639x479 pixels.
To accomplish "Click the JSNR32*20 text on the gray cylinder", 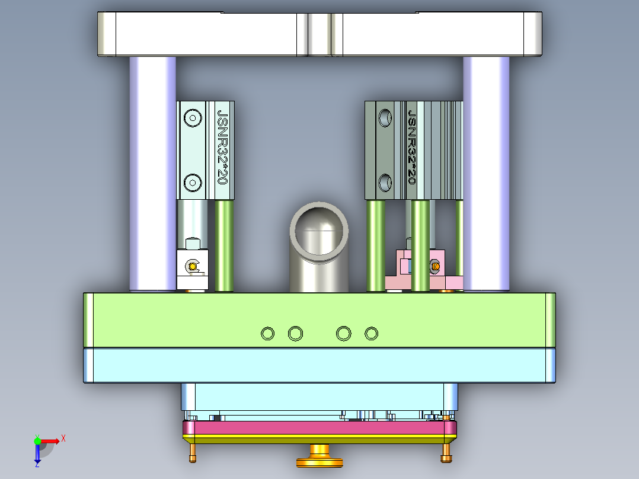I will tap(412, 148).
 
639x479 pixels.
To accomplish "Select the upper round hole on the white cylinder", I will tap(193, 119).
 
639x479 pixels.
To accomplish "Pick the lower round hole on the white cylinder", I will tap(193, 183).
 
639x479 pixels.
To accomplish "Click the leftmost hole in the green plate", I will tap(268, 334).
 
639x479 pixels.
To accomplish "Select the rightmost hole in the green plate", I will tap(371, 334).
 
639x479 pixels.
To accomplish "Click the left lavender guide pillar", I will tap(153, 172).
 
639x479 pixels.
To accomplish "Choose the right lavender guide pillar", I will tap(486, 172).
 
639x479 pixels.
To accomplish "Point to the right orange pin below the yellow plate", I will tap(446, 454).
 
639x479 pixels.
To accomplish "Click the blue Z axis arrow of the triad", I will tap(37, 455).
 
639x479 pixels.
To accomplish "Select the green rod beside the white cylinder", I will tap(224, 246).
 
